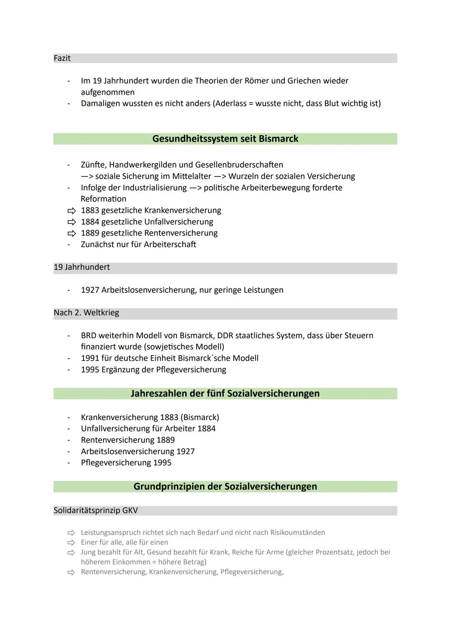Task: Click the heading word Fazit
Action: (62, 58)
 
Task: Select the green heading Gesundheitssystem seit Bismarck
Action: (225, 139)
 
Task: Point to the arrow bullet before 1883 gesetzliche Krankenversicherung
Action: (72, 210)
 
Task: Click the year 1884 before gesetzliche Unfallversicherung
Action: (90, 222)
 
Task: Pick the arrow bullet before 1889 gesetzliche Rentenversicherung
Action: (72, 233)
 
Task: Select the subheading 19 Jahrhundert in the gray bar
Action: (82, 267)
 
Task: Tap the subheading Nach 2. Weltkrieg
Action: (86, 313)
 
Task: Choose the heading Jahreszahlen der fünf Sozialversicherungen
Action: (225, 393)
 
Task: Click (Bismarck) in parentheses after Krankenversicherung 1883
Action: (200, 417)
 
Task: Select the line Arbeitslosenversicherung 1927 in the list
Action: (138, 451)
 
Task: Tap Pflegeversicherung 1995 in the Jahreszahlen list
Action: (126, 463)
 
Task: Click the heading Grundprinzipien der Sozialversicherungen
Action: (225, 486)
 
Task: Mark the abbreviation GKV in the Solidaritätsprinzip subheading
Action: (130, 511)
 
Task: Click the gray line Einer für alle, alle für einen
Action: (124, 542)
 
